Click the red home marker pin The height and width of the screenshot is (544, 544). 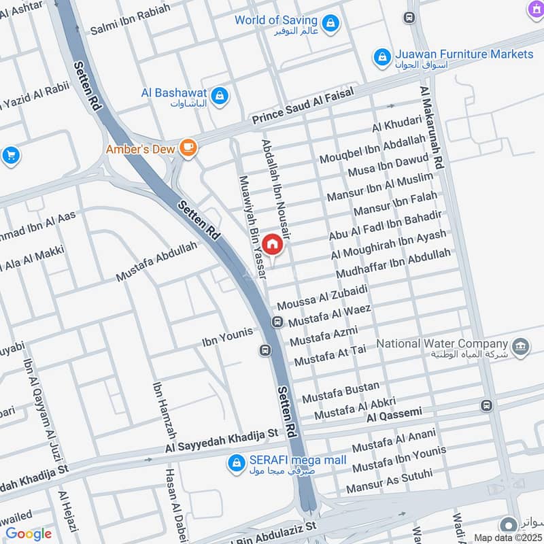click(272, 244)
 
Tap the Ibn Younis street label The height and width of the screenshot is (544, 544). click(227, 335)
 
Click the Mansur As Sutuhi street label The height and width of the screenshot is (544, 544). click(389, 481)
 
